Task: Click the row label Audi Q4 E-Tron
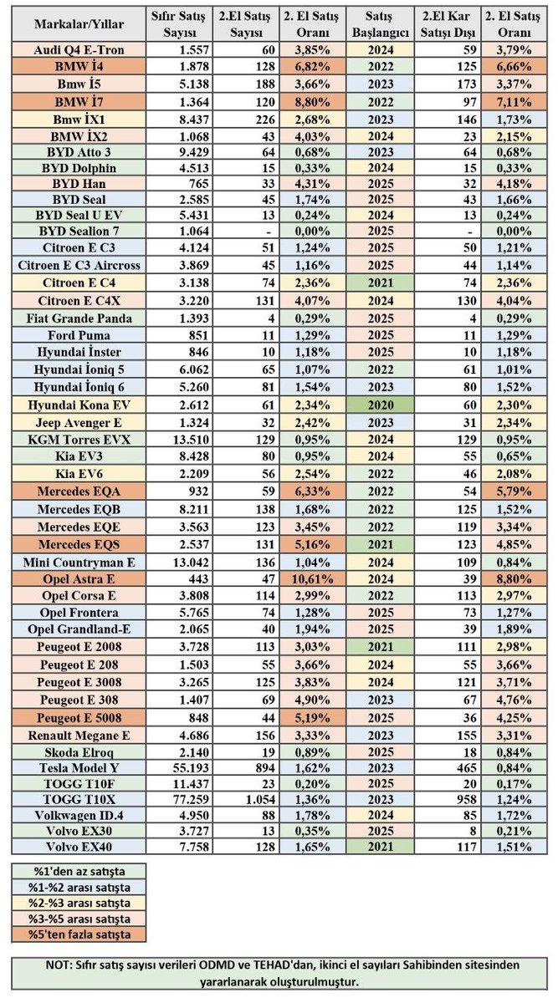[79, 49]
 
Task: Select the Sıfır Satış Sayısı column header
[178, 24]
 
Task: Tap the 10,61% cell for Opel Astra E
[312, 579]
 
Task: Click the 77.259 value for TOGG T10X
[191, 799]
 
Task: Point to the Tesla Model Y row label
[79, 768]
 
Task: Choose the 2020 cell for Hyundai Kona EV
[381, 405]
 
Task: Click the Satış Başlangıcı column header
[381, 24]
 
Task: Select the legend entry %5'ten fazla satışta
[79, 934]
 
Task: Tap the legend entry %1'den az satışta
[79, 871]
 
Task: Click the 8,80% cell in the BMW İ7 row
[312, 102]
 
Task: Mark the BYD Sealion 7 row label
[79, 231]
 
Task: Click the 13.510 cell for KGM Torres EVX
[191, 440]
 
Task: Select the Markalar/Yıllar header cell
[79, 24]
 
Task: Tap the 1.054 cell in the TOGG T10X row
[260, 799]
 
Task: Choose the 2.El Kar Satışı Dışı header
[447, 24]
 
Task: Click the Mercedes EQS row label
[79, 544]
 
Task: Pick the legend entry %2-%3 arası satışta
[79, 903]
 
